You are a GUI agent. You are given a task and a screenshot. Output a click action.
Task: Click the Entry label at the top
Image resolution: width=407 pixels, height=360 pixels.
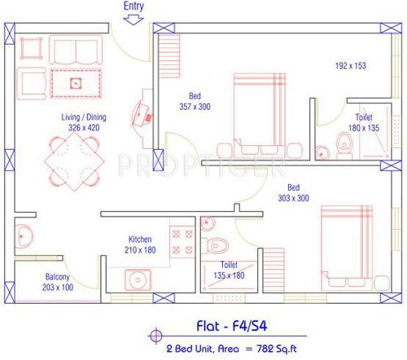click(134, 7)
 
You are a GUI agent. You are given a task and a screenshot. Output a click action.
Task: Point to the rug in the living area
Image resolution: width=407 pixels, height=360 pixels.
click(76, 81)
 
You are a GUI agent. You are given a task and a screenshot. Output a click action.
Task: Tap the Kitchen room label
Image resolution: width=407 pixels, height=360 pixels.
click(140, 239)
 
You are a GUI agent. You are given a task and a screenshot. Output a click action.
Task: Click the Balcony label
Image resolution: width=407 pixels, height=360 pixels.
click(57, 277)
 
